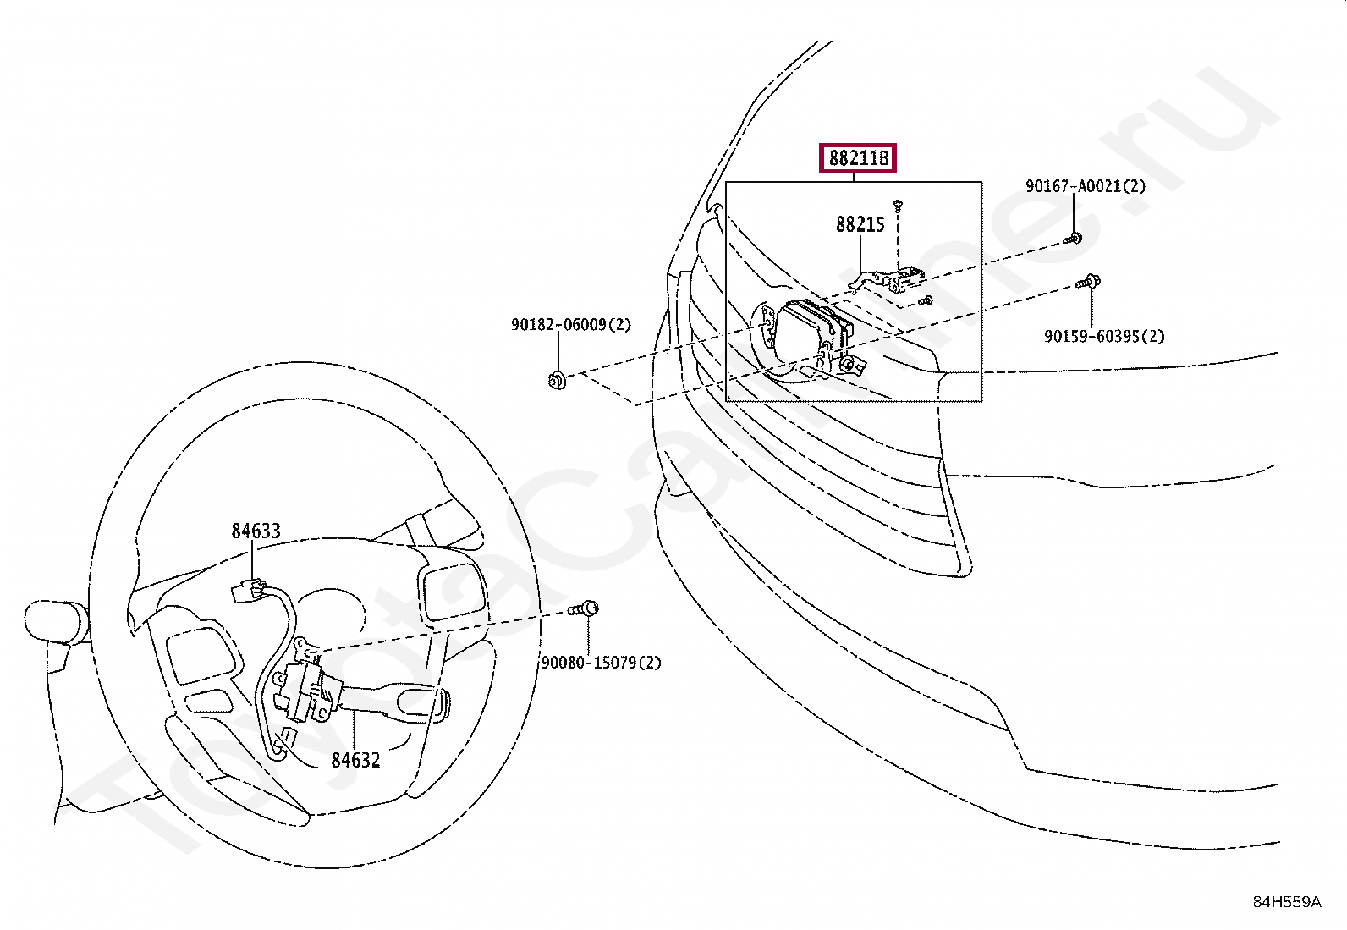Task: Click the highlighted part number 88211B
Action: point(856,158)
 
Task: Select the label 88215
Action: point(860,224)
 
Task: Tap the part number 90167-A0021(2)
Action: point(1086,186)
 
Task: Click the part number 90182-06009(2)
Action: point(570,325)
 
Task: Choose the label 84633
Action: point(256,531)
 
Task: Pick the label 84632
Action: point(355,760)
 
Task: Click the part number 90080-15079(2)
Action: point(601,663)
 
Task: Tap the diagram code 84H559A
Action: point(1286,902)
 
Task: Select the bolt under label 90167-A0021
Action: point(1074,239)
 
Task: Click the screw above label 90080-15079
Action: point(585,608)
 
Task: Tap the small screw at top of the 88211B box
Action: point(898,204)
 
